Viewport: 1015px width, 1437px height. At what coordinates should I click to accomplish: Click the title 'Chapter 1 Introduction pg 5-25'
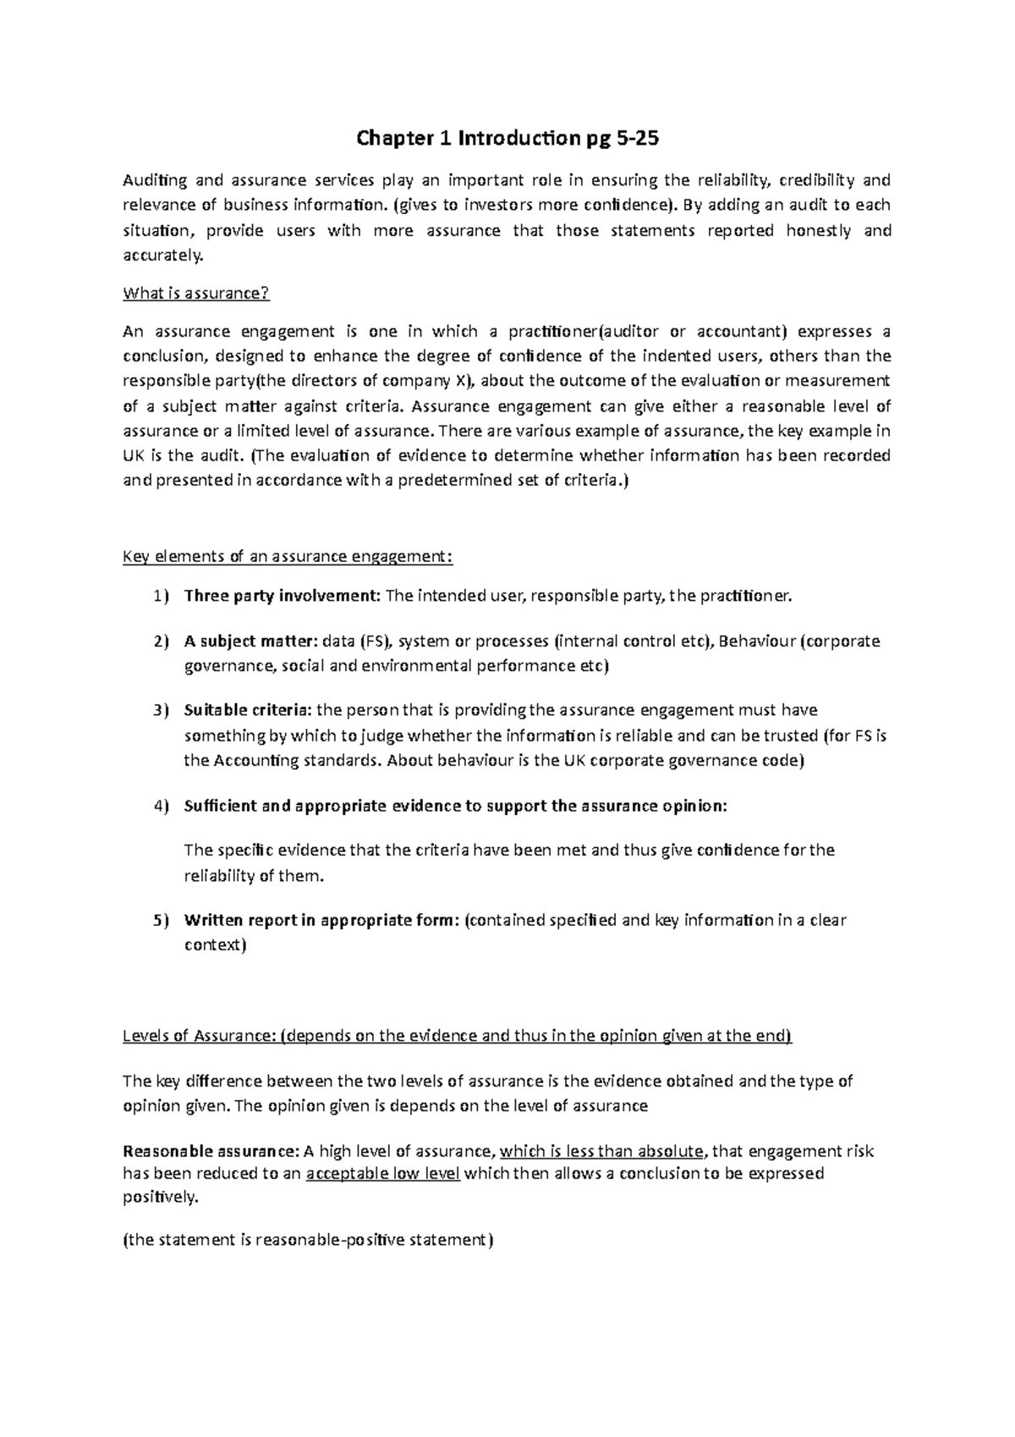click(507, 140)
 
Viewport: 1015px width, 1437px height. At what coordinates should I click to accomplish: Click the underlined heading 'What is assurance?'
click(195, 294)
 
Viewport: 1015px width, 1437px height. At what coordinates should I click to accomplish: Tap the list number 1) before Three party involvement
click(161, 597)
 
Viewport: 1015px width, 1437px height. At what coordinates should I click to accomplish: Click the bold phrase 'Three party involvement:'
click(283, 597)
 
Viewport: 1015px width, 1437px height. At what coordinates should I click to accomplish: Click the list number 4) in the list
click(161, 806)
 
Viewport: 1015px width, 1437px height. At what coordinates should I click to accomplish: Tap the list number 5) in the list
click(161, 920)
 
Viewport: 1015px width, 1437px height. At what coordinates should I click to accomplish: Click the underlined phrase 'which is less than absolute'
click(601, 1151)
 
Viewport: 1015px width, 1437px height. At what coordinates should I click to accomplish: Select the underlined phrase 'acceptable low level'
click(382, 1174)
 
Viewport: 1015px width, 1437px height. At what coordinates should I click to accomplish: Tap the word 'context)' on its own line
click(215, 945)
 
